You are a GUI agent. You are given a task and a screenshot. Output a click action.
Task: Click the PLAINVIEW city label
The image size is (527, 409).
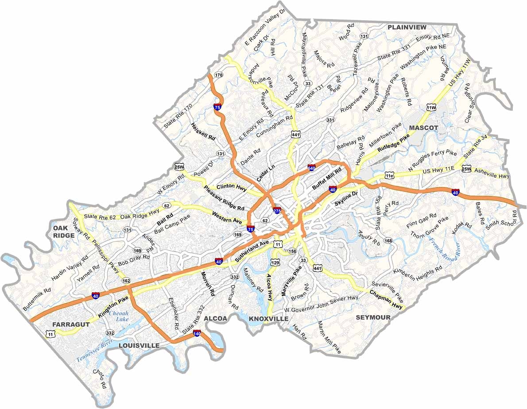[x=407, y=27]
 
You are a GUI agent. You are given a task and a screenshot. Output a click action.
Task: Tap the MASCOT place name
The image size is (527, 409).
[x=423, y=127]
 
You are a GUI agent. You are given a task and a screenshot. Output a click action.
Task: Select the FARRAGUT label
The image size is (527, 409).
[x=71, y=324]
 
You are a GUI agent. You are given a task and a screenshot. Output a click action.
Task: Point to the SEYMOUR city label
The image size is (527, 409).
[x=373, y=317]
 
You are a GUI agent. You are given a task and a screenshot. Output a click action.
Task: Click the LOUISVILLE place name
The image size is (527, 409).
[x=139, y=345]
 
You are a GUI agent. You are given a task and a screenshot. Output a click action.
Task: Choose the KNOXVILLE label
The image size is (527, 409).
[x=268, y=319]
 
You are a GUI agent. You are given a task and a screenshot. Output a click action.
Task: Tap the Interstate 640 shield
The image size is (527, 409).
[x=311, y=168]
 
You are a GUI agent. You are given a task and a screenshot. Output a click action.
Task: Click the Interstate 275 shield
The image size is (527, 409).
[x=277, y=211]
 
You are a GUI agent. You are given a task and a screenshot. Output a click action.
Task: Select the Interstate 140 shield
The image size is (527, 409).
[x=198, y=333]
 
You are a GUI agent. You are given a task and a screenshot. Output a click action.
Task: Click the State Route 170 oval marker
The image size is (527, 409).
[x=218, y=75]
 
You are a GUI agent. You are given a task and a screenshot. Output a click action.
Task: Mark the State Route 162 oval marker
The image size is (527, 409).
[x=126, y=281]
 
